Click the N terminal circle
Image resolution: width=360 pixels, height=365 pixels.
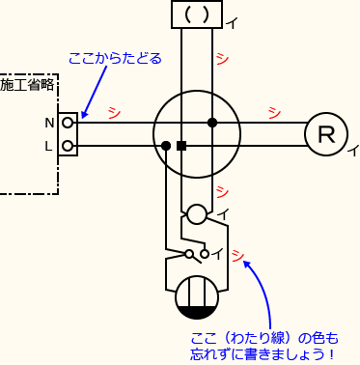68,123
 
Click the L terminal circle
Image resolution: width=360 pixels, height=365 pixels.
68,146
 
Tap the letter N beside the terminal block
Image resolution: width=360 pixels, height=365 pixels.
49,123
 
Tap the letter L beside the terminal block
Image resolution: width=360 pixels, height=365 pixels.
49,147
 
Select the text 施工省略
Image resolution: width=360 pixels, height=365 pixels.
28,85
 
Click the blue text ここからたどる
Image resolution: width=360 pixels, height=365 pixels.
115,58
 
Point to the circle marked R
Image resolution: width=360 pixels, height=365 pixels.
326,134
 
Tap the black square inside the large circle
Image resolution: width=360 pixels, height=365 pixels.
180,146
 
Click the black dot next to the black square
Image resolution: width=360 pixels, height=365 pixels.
166,146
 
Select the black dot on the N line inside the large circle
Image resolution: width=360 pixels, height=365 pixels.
211,123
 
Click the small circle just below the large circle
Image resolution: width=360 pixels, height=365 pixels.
196,214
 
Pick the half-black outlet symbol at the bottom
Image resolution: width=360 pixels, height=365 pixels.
196,297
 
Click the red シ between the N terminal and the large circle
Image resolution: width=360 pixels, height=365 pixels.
115,111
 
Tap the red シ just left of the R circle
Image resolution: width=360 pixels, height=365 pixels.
273,111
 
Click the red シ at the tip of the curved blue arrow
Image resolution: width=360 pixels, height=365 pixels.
237,256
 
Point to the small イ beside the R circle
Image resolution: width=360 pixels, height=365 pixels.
353,150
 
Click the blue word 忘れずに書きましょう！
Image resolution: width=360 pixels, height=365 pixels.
258,354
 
